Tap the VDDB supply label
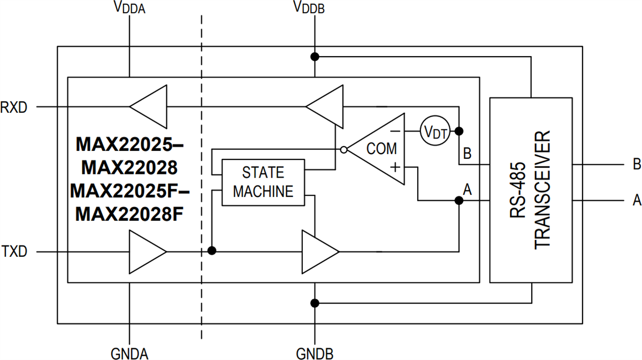tap(309, 8)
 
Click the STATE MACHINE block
tap(263, 182)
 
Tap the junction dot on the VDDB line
tap(315, 57)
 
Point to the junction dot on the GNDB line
tap(315, 303)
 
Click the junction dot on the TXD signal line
tap(212, 250)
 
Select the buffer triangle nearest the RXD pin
tap(148, 106)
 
